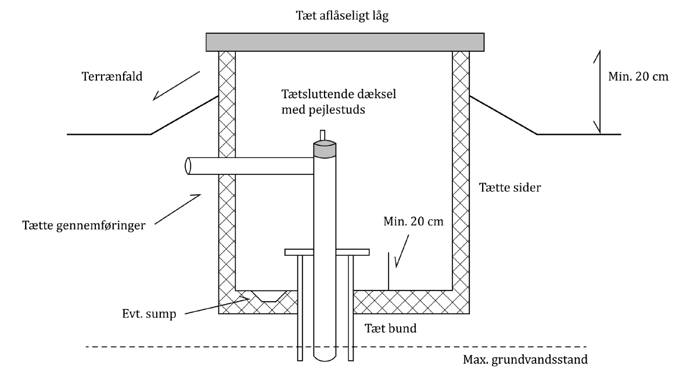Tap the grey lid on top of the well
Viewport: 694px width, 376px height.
pyautogui.click(x=345, y=41)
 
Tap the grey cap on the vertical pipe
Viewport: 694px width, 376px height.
pyautogui.click(x=325, y=149)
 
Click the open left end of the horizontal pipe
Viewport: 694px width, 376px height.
pyautogui.click(x=188, y=166)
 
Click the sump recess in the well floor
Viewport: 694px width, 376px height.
pyautogui.click(x=268, y=296)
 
